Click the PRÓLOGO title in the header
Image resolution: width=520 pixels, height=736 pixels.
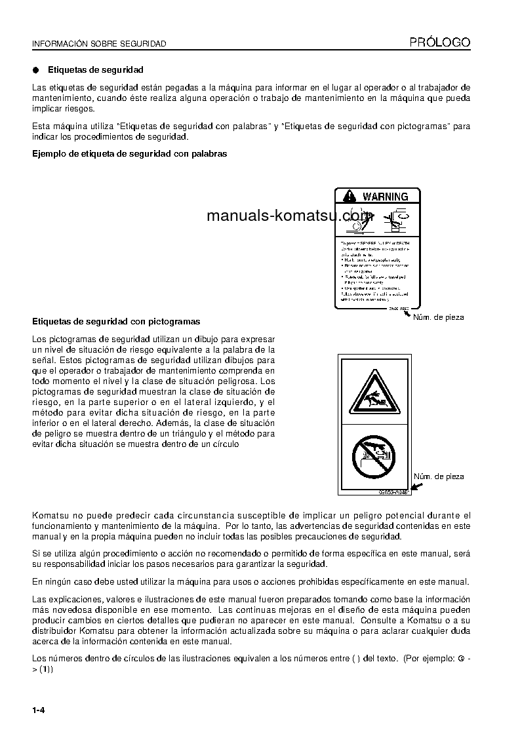(440, 43)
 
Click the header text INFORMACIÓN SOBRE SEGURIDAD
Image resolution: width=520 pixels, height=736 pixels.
(99, 44)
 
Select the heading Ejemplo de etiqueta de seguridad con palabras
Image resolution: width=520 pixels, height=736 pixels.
(130, 154)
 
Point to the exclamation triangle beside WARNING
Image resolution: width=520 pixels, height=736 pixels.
(349, 196)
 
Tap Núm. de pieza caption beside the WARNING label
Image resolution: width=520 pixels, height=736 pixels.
(438, 317)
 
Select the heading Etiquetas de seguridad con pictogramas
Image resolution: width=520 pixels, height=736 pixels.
(116, 322)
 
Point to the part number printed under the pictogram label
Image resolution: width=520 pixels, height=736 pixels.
(393, 492)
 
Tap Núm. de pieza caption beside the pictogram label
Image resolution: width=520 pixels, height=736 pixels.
(438, 476)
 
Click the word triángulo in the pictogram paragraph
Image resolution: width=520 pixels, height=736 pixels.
(193, 434)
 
